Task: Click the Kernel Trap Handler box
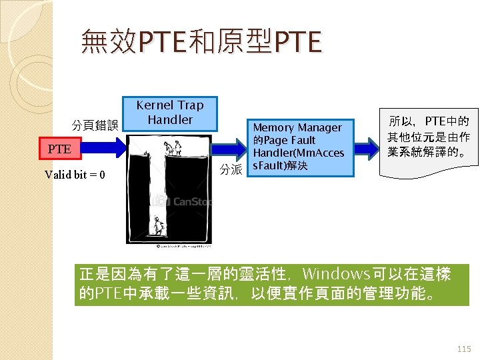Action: [170, 113]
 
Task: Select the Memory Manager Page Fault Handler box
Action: [297, 147]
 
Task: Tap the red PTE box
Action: [59, 149]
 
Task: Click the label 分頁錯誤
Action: [95, 125]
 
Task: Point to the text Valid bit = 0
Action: [74, 175]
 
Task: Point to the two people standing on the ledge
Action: [174, 147]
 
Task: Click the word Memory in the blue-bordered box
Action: [274, 127]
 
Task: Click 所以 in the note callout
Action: [401, 122]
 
